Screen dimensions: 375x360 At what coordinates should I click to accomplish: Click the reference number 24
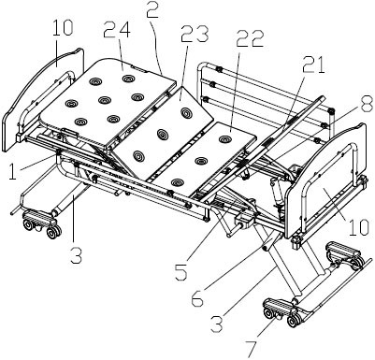click(117, 30)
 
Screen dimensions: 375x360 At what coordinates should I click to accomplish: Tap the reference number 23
click(195, 34)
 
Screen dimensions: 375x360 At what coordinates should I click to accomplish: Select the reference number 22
click(250, 38)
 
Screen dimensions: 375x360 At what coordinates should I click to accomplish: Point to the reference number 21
click(313, 65)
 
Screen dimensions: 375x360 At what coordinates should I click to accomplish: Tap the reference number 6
click(197, 297)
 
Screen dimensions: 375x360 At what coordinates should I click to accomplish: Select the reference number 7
click(252, 349)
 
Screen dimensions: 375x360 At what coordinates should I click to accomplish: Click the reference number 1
click(12, 171)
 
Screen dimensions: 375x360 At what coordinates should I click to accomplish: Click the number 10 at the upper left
click(62, 27)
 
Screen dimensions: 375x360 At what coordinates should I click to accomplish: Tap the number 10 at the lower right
click(358, 227)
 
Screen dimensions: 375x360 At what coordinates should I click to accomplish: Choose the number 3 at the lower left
click(76, 255)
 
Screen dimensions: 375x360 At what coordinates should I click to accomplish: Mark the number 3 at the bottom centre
click(216, 324)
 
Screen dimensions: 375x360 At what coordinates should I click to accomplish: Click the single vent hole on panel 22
click(224, 139)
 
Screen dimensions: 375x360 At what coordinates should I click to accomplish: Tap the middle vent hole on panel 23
click(163, 135)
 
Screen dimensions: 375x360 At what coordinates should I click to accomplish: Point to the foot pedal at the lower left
click(39, 216)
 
